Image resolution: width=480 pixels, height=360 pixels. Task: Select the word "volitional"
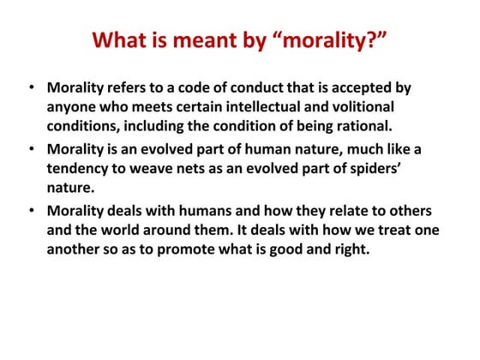[394, 108]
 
